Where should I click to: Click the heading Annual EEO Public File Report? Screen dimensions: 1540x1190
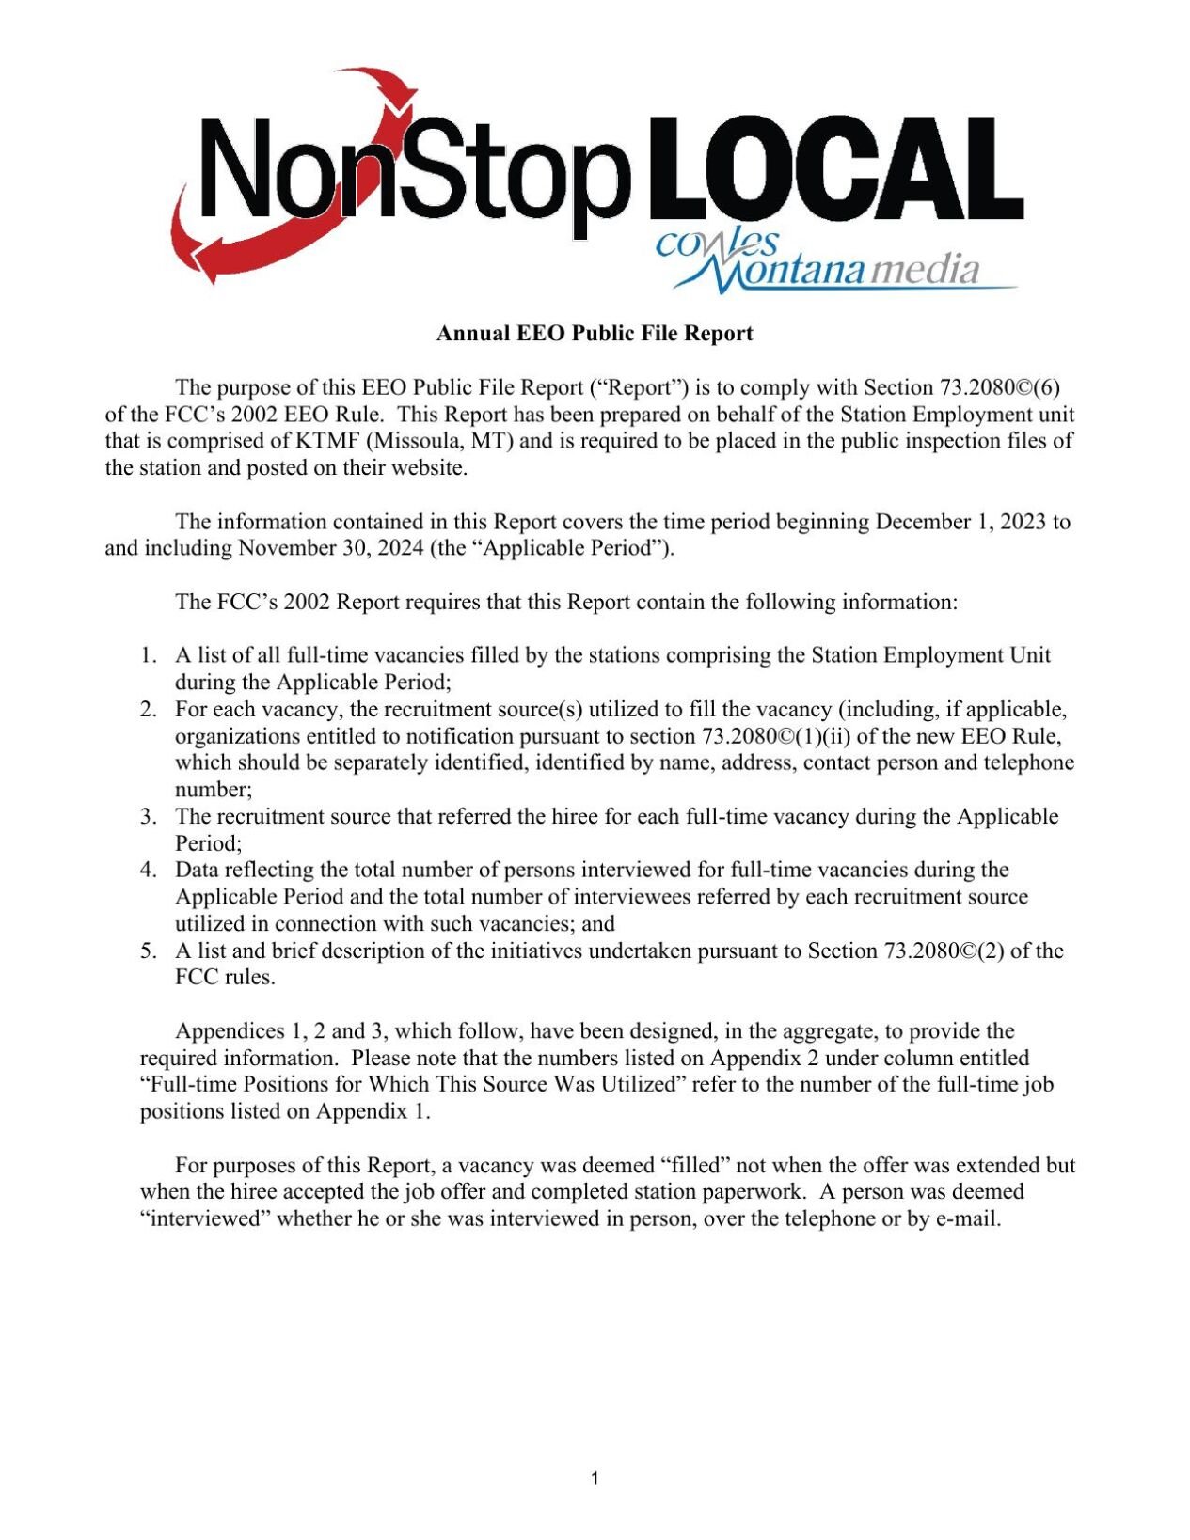(x=595, y=334)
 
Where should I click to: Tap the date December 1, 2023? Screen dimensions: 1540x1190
(x=960, y=522)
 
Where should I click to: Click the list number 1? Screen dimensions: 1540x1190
(x=149, y=655)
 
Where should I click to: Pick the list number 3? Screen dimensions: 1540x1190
(x=149, y=816)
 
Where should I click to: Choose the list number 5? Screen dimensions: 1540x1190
(x=149, y=951)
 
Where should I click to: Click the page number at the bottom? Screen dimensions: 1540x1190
(x=595, y=1479)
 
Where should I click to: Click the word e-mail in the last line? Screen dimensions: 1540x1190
(x=968, y=1219)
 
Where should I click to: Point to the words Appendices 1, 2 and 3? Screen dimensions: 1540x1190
(x=274, y=1031)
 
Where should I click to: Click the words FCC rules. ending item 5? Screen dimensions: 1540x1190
(x=225, y=977)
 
